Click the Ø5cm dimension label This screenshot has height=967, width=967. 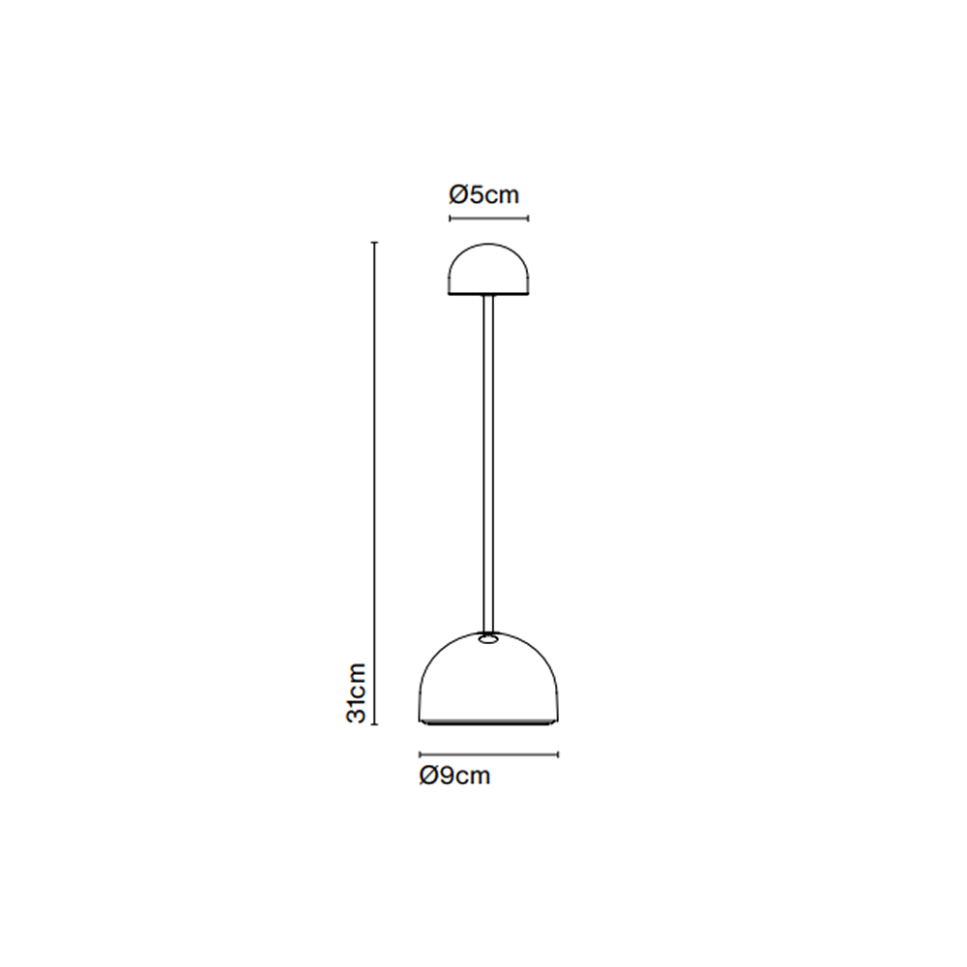484,195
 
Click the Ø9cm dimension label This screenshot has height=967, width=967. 454,776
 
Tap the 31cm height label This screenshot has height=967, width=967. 357,693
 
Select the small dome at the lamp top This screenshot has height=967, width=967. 488,270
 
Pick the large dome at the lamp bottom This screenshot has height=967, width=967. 488,678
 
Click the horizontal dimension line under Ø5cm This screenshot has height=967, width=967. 489,218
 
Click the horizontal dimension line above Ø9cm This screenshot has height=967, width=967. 488,753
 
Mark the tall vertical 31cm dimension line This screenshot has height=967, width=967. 373,483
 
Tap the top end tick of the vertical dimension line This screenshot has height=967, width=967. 373,243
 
